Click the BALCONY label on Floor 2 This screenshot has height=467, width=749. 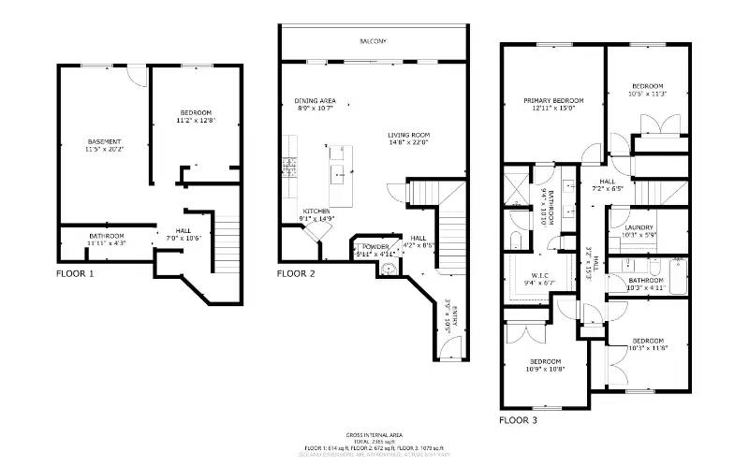point(373,42)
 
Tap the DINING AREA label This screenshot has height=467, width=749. point(316,101)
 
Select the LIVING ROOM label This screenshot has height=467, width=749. point(408,135)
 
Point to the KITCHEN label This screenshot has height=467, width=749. point(316,212)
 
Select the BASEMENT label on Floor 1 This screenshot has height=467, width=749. point(104,142)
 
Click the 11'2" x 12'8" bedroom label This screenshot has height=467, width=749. point(196,113)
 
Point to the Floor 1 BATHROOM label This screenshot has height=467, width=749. point(106,236)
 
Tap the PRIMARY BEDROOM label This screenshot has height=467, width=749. point(553,101)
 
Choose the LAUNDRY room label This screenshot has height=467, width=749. point(639,227)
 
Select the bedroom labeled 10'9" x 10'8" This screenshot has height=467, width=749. point(545,361)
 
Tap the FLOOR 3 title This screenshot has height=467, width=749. point(518,421)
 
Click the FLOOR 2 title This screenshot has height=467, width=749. point(296,274)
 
